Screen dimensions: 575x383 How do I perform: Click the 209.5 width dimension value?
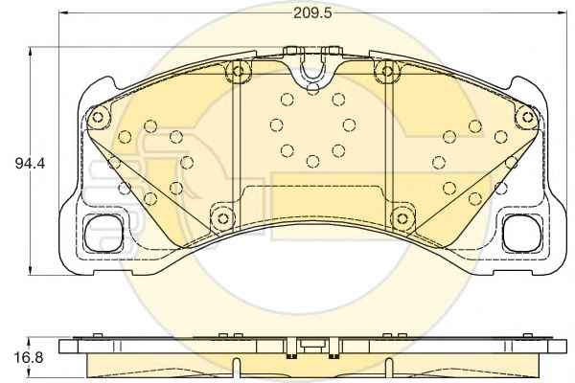pyautogui.click(x=312, y=13)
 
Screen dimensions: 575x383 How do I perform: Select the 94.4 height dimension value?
pyautogui.click(x=30, y=163)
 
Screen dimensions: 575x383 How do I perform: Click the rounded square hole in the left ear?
pyautogui.click(x=103, y=233)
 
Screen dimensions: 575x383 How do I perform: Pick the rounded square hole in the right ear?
pyautogui.click(x=522, y=233)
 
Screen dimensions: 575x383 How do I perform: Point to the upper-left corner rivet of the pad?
pyautogui.click(x=98, y=117)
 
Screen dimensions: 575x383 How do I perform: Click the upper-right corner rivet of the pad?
pyautogui.click(x=527, y=117)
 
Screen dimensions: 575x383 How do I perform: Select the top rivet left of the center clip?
pyautogui.click(x=238, y=70)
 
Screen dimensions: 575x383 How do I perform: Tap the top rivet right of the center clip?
pyautogui.click(x=387, y=70)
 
